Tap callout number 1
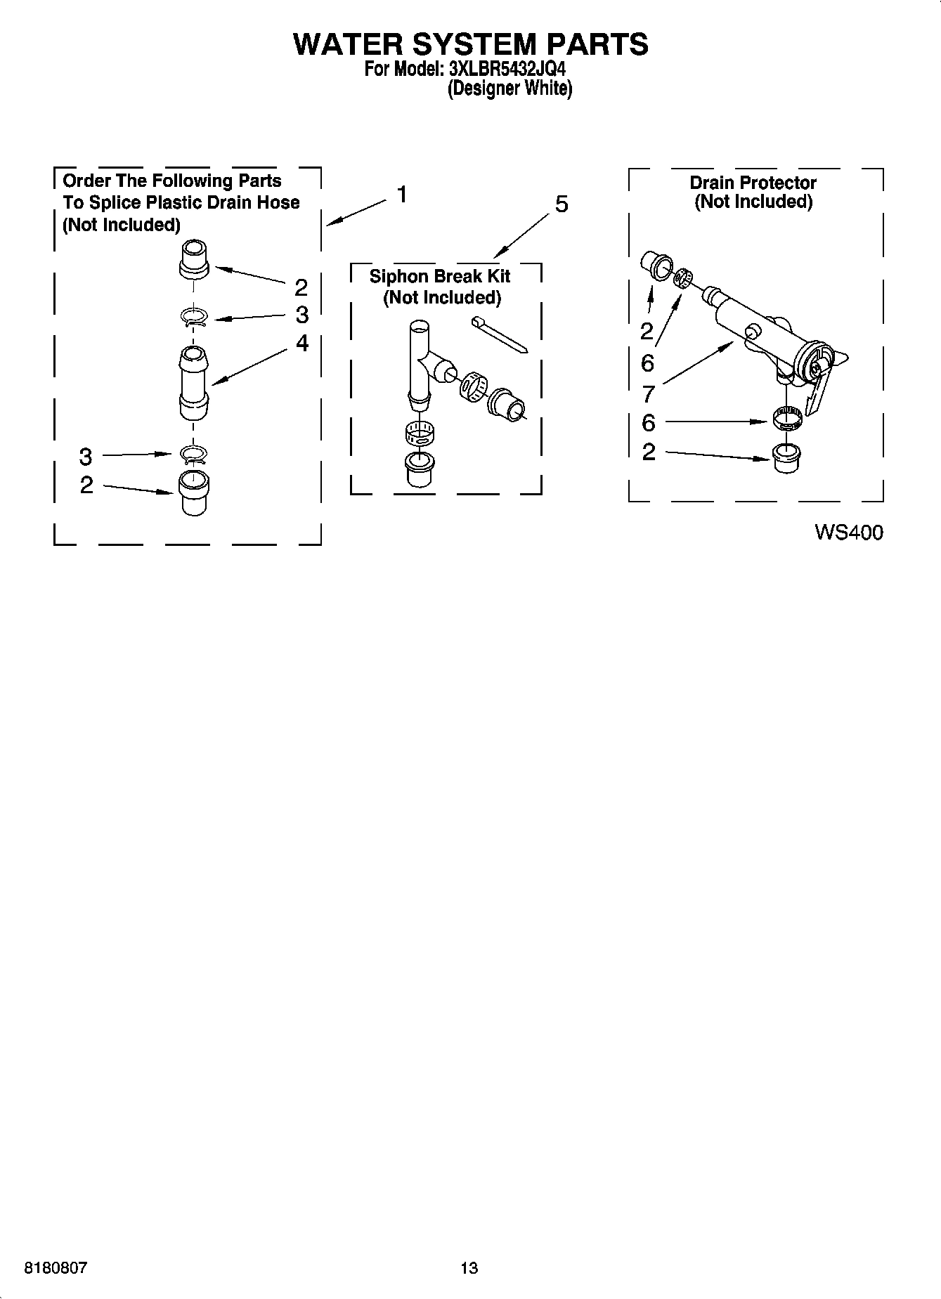tap(401, 194)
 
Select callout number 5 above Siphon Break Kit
tap(562, 204)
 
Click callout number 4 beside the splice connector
tap(301, 343)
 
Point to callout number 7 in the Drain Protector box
tap(648, 393)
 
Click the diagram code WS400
tap(848, 533)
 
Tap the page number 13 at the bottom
tap(469, 1267)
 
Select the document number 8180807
tap(56, 1267)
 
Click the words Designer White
tap(510, 89)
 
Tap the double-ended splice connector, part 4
tap(193, 382)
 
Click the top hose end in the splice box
tap(195, 259)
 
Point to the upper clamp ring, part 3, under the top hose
tap(193, 318)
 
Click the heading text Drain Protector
tap(753, 183)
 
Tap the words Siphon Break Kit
tap(440, 276)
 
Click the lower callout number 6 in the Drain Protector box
tap(648, 422)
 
